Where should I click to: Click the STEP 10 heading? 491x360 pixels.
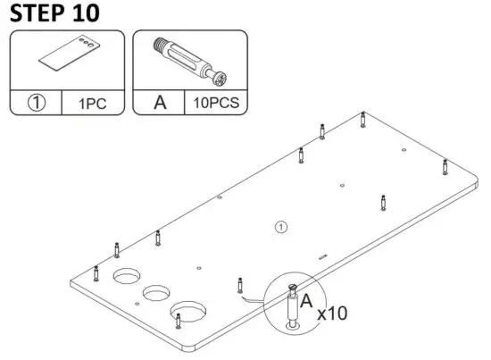click(54, 13)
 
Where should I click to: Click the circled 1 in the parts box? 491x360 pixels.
click(36, 103)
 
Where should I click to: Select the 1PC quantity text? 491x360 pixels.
click(92, 103)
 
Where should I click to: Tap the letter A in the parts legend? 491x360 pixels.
click(160, 103)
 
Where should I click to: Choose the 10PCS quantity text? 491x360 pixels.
click(215, 103)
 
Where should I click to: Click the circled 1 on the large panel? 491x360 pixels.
click(281, 227)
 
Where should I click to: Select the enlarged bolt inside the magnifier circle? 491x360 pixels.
click(292, 306)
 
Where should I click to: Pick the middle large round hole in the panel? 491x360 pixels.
click(156, 292)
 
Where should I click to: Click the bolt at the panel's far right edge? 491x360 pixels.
click(444, 166)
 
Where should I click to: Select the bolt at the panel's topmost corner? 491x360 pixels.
click(362, 120)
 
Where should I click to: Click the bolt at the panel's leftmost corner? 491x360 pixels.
click(96, 272)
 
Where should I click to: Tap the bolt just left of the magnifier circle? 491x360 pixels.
click(239, 285)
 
